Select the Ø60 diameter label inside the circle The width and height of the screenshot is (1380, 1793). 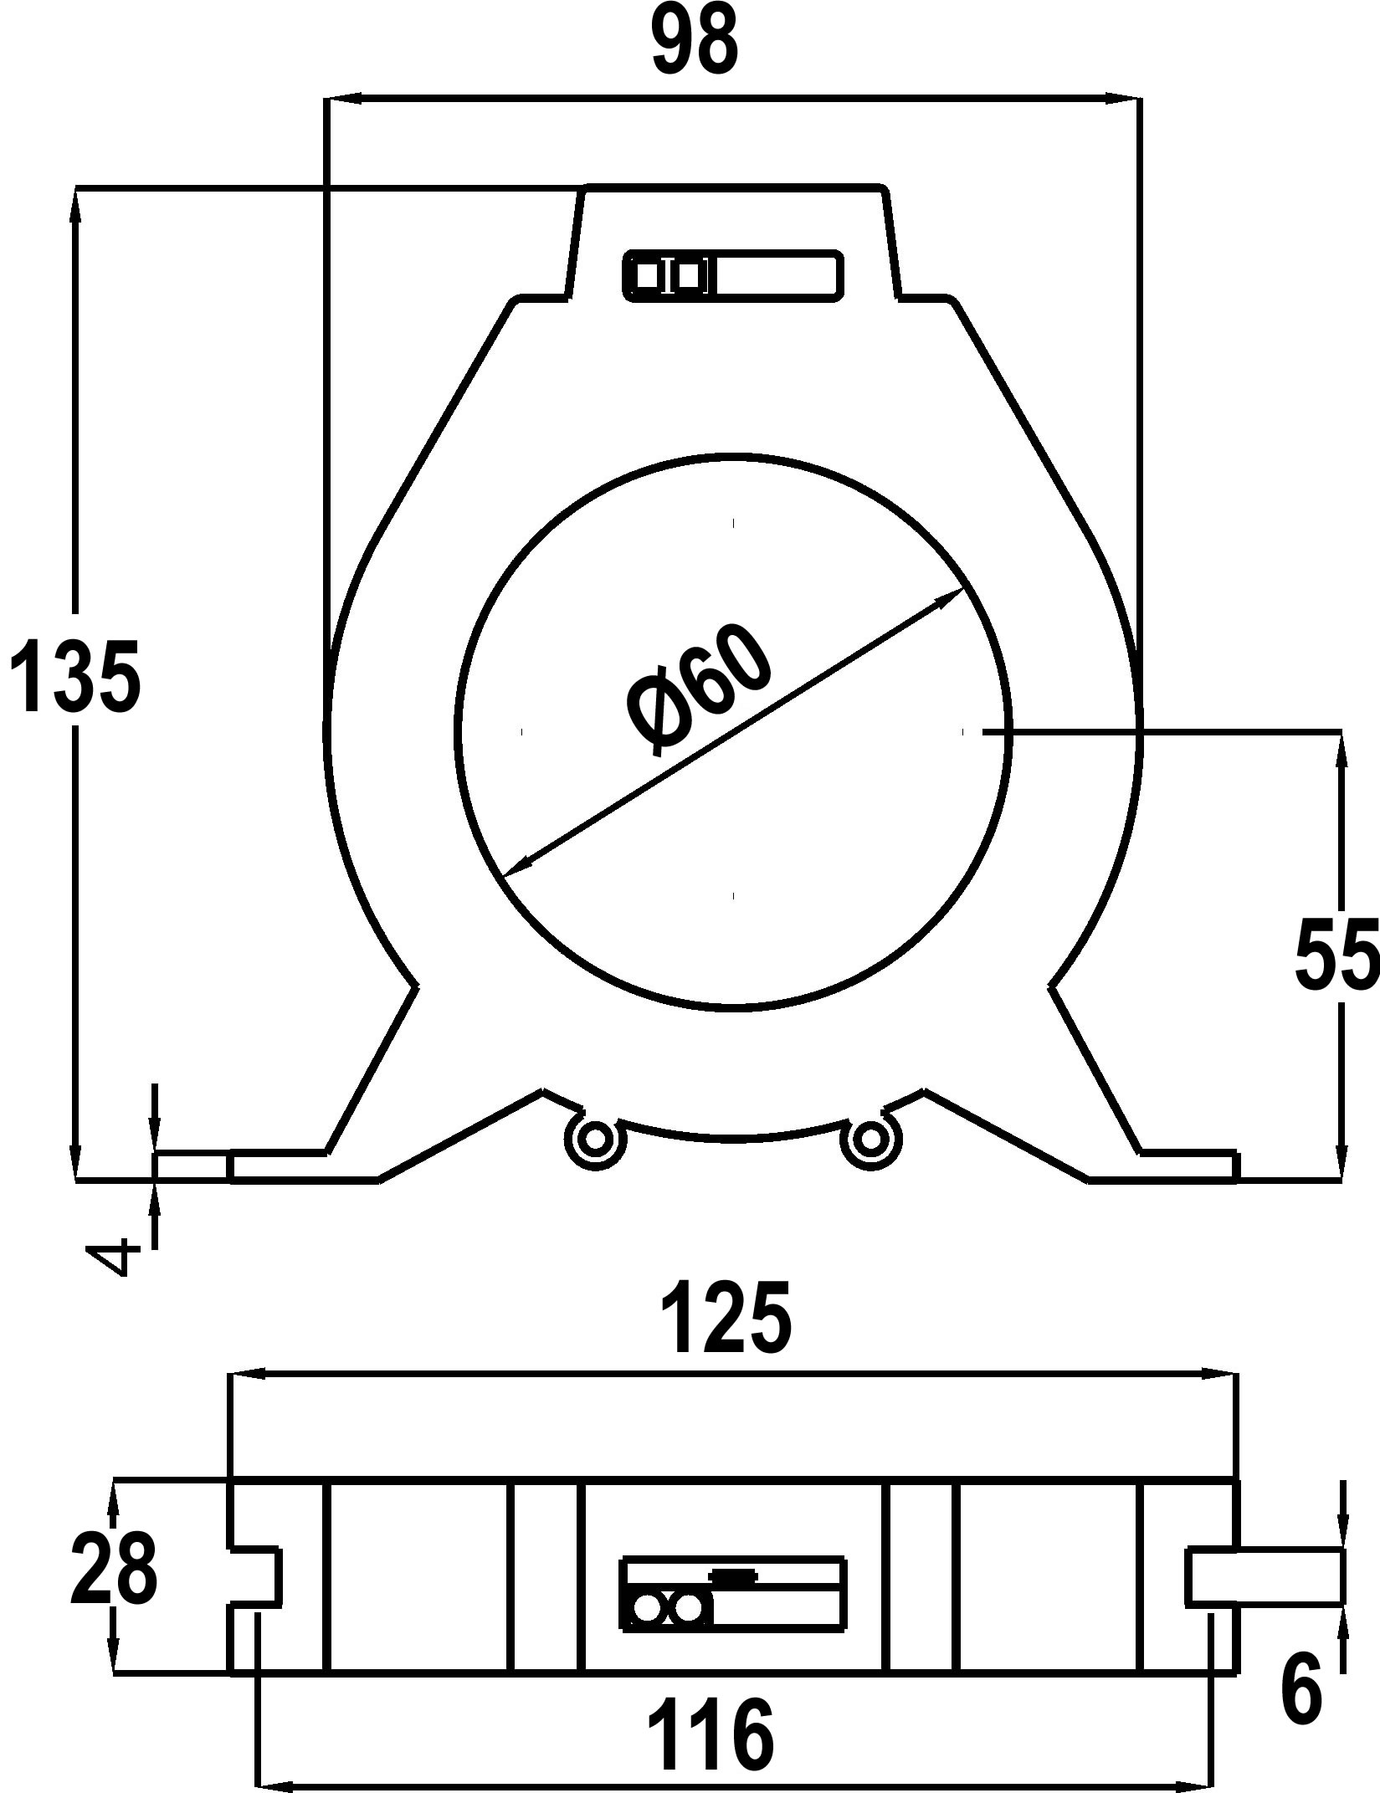click(x=699, y=689)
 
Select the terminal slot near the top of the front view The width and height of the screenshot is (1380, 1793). click(x=733, y=275)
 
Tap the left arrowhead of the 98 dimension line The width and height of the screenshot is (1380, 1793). click(x=343, y=99)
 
